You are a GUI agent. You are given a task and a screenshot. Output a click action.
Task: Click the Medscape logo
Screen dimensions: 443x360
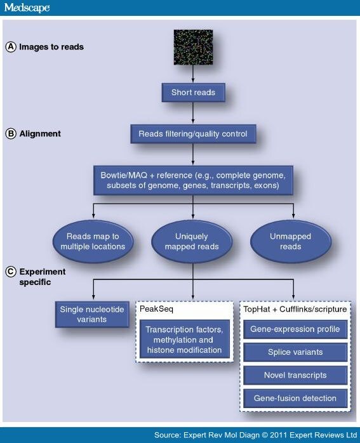point(26,8)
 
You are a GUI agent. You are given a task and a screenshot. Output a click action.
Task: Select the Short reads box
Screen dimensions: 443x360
point(193,93)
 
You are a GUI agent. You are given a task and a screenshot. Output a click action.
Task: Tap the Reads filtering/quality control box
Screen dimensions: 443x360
point(192,134)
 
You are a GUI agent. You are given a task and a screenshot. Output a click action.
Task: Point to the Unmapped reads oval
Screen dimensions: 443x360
point(290,241)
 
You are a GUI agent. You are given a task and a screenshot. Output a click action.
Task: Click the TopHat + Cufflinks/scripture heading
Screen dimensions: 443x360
point(295,308)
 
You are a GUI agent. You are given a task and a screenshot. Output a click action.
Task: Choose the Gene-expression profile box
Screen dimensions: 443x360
point(296,329)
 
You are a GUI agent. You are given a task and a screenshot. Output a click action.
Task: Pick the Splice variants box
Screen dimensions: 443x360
point(296,352)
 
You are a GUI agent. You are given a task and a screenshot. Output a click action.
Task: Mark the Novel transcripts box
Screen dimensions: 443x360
point(296,375)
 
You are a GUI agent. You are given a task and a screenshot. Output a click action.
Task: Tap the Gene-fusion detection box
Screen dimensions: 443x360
point(296,398)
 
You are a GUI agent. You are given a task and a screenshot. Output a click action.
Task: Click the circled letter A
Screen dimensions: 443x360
point(10,46)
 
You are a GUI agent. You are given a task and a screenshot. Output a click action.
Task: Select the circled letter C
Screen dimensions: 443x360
point(10,272)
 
